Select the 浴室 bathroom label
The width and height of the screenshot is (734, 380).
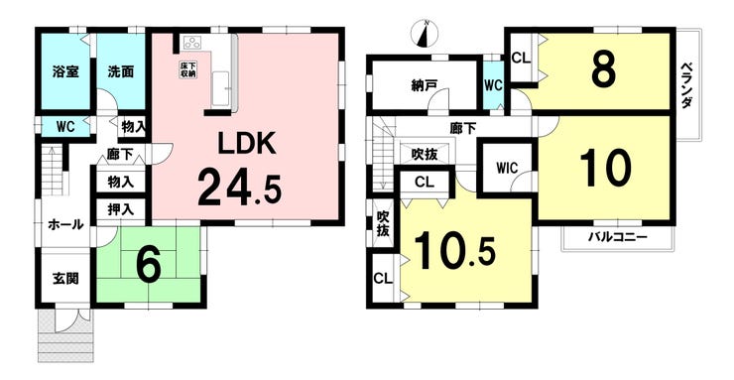(66, 72)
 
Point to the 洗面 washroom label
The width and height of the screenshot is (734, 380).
(122, 72)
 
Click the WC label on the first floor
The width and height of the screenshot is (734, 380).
(66, 126)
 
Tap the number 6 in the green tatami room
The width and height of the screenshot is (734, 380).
(149, 265)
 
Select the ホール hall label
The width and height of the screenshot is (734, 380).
(65, 225)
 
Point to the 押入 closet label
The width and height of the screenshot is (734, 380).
(121, 209)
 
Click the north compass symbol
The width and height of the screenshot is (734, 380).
(424, 35)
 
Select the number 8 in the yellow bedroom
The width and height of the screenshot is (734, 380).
(604, 70)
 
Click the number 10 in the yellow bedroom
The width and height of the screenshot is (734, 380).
(605, 170)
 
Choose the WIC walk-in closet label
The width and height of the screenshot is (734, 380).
(506, 165)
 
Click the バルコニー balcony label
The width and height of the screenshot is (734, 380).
(618, 238)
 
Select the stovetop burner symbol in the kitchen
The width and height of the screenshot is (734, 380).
(191, 44)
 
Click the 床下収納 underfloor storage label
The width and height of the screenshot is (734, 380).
(186, 68)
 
